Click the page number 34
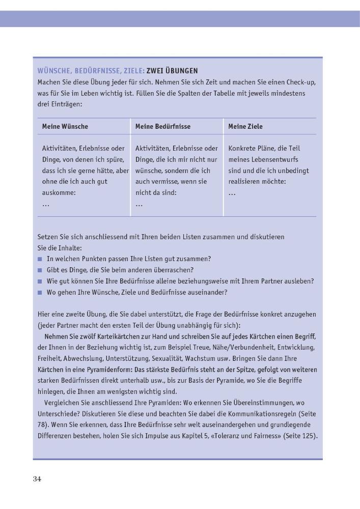point(37,478)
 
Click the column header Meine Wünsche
point(65,126)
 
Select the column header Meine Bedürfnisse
point(163,126)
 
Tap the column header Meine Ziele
point(245,126)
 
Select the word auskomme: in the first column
point(59,193)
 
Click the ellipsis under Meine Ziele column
point(232,193)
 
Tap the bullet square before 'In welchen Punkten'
point(40,259)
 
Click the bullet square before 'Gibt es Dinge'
point(40,270)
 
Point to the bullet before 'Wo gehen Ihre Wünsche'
point(40,293)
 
